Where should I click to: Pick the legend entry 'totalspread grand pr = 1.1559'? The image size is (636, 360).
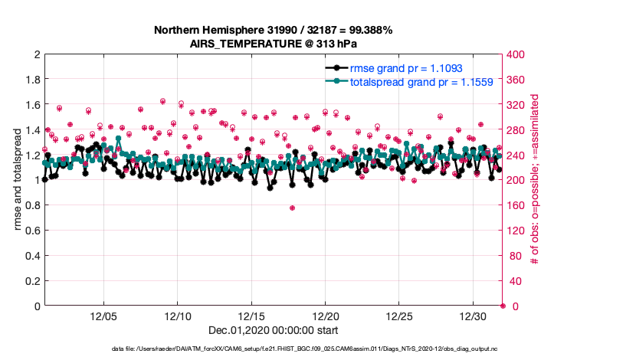[x=406, y=81]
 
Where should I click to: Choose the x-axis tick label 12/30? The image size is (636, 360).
[x=474, y=316]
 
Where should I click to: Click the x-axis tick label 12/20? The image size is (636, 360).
[x=326, y=316]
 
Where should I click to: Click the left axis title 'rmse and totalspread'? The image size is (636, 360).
[x=16, y=181]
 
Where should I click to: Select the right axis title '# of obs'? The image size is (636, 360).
[x=534, y=181]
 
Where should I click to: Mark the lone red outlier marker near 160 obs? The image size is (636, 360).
[x=292, y=208]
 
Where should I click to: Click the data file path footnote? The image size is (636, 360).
[x=316, y=349]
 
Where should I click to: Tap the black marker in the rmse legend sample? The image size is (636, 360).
[x=334, y=68]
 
